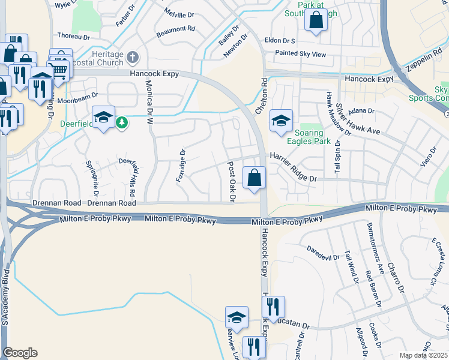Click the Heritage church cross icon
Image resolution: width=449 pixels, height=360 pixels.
tap(133, 58)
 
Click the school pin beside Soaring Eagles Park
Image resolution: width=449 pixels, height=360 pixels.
tap(280, 120)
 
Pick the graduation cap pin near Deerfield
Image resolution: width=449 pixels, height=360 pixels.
tap(103, 117)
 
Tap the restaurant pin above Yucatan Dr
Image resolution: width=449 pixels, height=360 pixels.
tap(274, 307)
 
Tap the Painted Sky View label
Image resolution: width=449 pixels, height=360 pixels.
tap(300, 54)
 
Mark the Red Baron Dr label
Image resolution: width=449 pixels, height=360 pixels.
tap(373, 289)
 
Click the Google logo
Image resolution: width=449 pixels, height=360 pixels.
tap(20, 353)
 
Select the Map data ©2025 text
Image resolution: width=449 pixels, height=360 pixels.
tap(423, 355)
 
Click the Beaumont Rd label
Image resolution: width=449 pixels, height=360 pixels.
tap(175, 28)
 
